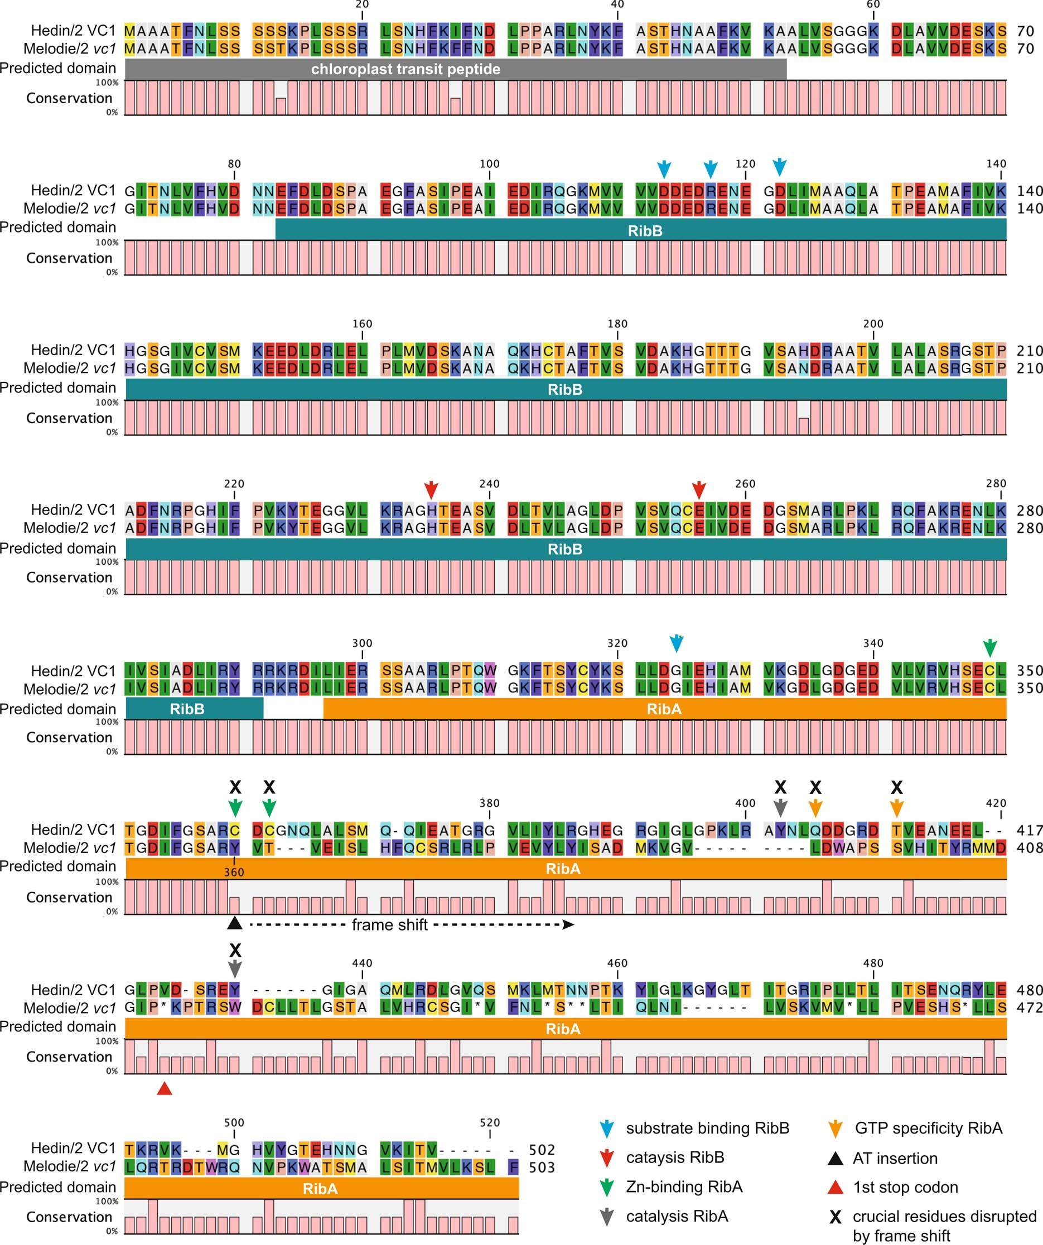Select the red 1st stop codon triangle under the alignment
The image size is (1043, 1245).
[x=165, y=1088]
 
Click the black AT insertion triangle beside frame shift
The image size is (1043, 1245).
[x=235, y=923]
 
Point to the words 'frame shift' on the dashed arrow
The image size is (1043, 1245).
[x=389, y=925]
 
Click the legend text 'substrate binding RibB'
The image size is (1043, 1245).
[x=707, y=1128]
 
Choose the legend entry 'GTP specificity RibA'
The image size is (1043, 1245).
[x=928, y=1128]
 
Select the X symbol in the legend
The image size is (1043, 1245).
[x=836, y=1217]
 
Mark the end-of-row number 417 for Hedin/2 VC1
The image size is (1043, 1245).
[x=1030, y=831]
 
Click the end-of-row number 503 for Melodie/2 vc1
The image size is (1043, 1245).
[x=542, y=1168]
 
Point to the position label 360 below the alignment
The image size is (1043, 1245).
[x=234, y=872]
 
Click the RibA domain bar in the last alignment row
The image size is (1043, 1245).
[x=321, y=1189]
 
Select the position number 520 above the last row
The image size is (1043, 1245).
[x=490, y=1122]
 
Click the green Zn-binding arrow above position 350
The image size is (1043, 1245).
[x=989, y=647]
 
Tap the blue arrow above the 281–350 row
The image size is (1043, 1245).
[x=676, y=643]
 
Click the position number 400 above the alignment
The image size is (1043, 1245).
[x=745, y=803]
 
